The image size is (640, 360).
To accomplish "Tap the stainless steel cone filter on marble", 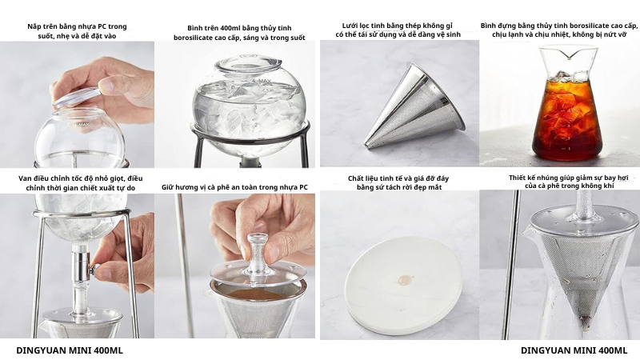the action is coord(415,107).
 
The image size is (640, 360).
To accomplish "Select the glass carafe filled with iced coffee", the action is coord(567,103).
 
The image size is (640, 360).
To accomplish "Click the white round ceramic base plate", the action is coord(403,286).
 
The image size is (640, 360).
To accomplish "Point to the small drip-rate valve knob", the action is coord(94,269).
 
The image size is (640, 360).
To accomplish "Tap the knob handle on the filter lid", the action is coord(258,253).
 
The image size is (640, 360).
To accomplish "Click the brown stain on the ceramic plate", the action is coord(405,281).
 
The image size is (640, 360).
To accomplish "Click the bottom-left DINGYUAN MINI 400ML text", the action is coord(70,350).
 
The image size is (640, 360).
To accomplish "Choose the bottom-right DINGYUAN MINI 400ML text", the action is coord(574,350).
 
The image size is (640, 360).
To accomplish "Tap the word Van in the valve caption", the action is coord(25,178).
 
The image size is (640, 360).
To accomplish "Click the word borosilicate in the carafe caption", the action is coord(586,26).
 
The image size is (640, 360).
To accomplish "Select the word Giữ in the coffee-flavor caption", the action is coord(168,187).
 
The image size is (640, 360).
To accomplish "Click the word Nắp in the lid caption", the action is coord(34,26).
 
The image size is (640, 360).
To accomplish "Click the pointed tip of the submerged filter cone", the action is coord(586,324).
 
